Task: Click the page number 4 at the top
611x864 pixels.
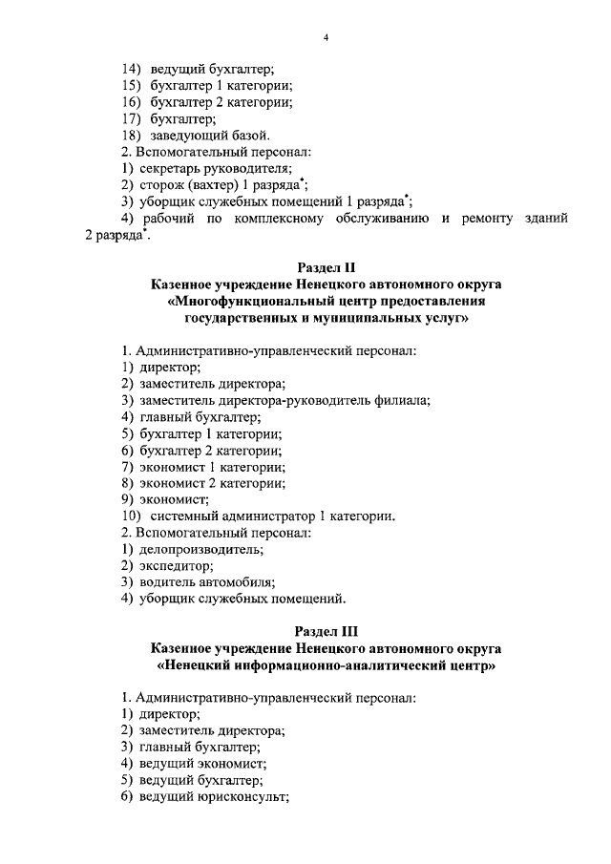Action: [x=326, y=37]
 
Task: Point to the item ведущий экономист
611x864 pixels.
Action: [x=202, y=764]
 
